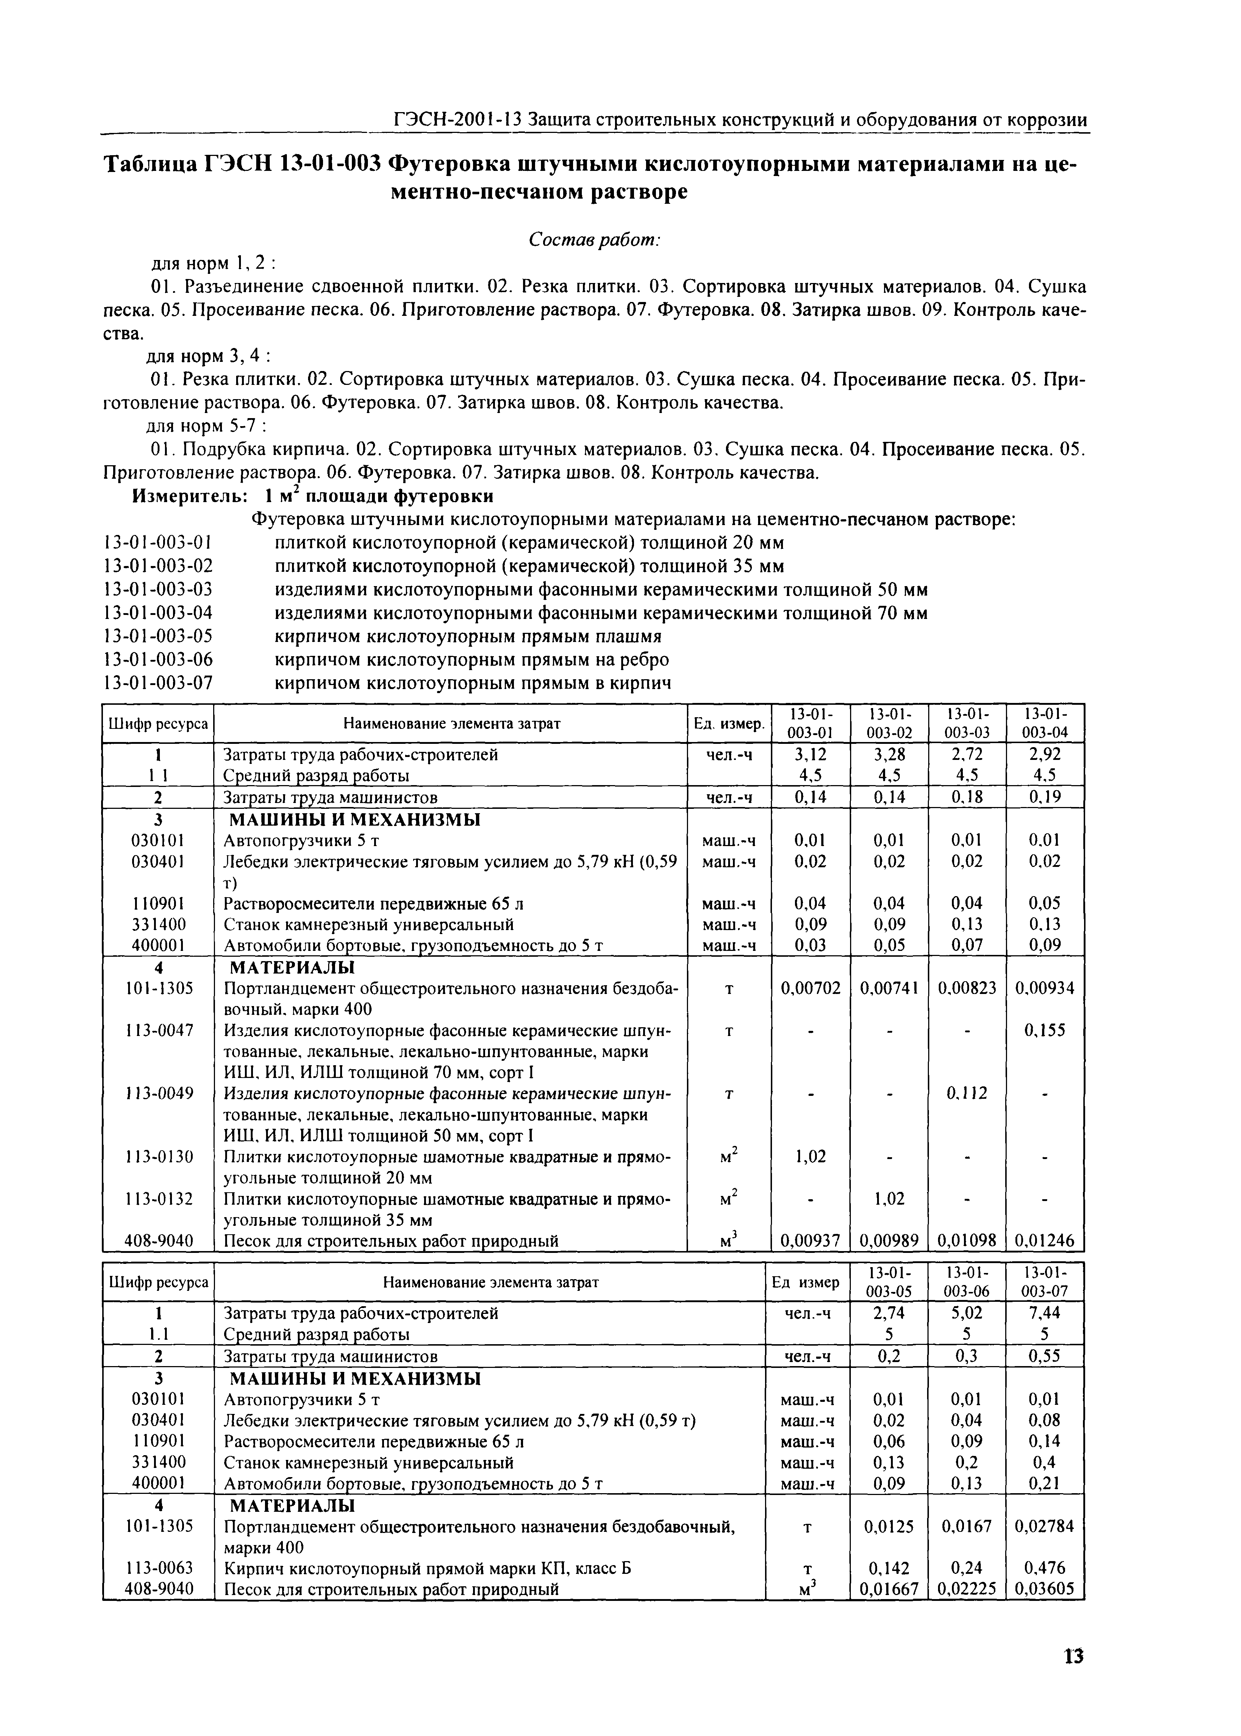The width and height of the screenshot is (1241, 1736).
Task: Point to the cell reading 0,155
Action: click(1044, 1030)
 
